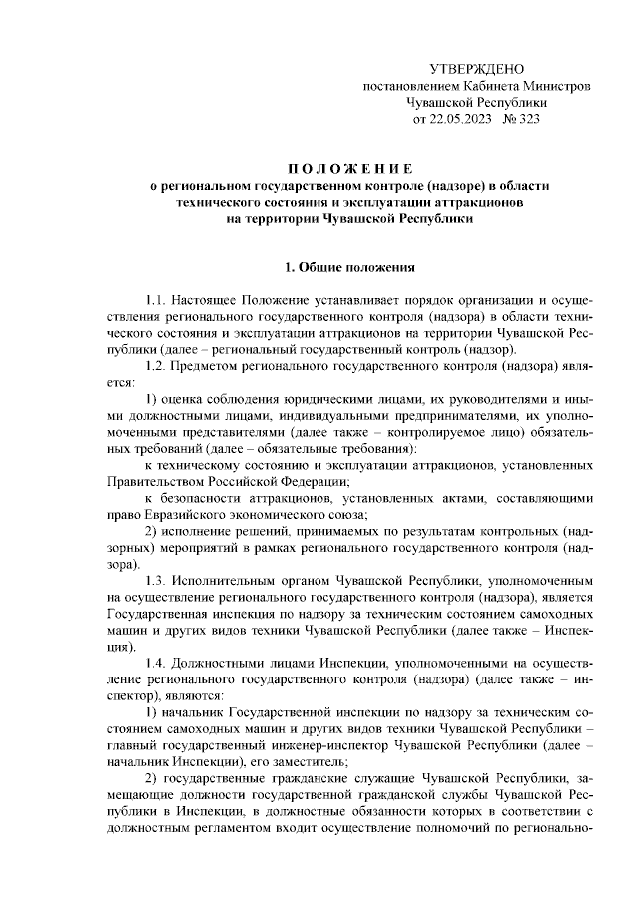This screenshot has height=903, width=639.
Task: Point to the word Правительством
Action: [x=159, y=481]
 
